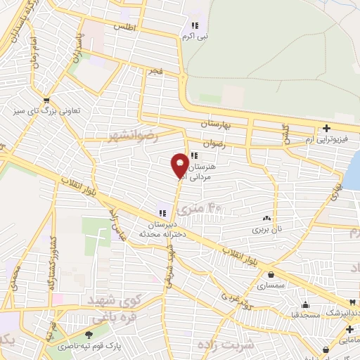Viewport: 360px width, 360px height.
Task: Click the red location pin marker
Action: coord(180,165)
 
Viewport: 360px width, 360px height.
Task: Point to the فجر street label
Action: coord(154,72)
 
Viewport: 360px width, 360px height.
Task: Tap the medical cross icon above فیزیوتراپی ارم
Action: coord(326,129)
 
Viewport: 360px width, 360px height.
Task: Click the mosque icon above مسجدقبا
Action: coord(306,304)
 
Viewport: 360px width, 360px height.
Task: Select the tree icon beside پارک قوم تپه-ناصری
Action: coord(89,335)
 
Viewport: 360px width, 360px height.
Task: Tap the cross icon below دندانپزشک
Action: coord(349,328)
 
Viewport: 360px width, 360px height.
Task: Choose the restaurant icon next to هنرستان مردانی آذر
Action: coord(195,156)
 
